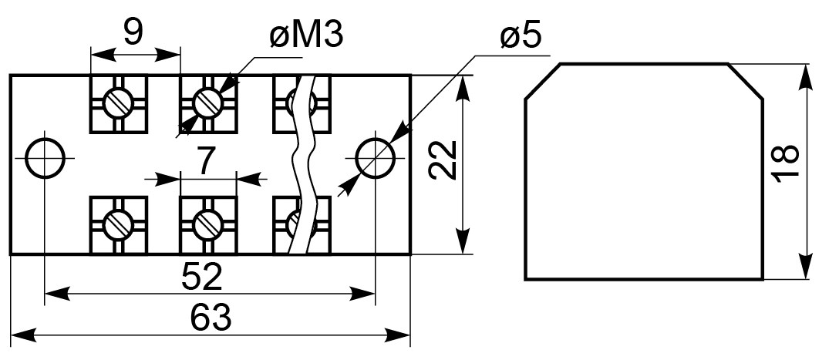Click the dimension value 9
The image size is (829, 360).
pyautogui.click(x=133, y=32)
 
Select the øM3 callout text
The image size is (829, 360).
pyautogui.click(x=307, y=35)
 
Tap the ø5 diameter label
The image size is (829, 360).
pyautogui.click(x=521, y=36)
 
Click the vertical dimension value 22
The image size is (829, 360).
pyautogui.click(x=443, y=160)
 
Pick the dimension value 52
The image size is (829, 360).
pyautogui.click(x=202, y=277)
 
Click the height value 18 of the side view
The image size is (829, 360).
pyautogui.click(x=784, y=163)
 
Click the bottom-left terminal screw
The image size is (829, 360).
pyautogui.click(x=119, y=224)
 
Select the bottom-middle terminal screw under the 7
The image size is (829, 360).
pyautogui.click(x=208, y=224)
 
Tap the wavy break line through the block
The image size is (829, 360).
pyautogui.click(x=304, y=165)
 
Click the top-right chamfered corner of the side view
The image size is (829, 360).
pyautogui.click(x=746, y=81)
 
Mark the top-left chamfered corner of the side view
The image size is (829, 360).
pyautogui.click(x=542, y=81)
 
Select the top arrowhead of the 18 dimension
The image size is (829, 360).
pyautogui.click(x=805, y=77)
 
